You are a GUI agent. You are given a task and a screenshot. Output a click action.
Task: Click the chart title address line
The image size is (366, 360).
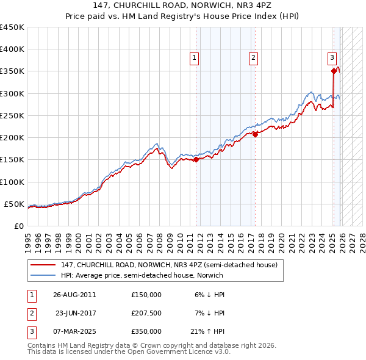point(183,5)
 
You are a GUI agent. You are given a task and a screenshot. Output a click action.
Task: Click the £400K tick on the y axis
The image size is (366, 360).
point(12,49)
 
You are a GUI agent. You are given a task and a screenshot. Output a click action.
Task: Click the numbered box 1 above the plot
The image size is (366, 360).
point(194,58)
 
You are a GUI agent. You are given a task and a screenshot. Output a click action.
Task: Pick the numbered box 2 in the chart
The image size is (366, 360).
point(253,58)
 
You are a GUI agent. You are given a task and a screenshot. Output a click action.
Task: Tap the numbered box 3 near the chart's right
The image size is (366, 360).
point(332,58)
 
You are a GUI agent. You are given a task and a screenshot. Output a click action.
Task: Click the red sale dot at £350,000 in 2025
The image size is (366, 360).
point(334,71)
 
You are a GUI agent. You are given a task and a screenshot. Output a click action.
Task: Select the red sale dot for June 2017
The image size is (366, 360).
point(255,135)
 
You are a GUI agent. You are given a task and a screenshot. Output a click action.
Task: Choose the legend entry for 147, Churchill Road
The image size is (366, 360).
point(169,265)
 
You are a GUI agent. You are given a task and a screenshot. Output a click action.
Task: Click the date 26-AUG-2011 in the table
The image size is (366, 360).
point(74,294)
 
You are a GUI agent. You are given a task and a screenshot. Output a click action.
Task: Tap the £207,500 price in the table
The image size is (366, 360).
point(146,313)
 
